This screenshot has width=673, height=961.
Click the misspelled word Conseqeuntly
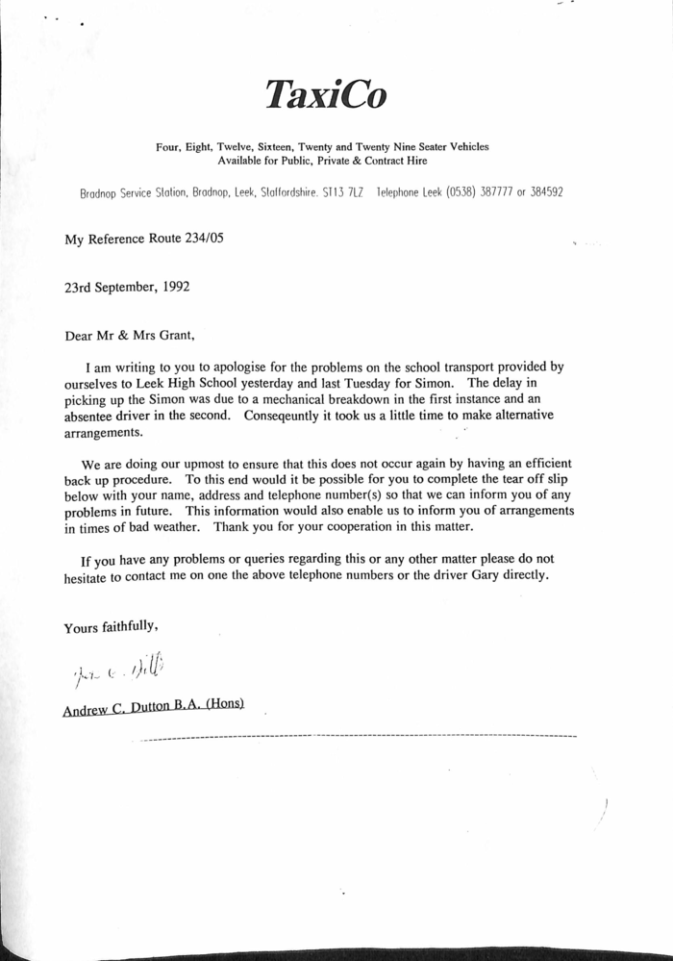(x=288, y=416)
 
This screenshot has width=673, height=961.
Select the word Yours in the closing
(x=82, y=627)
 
